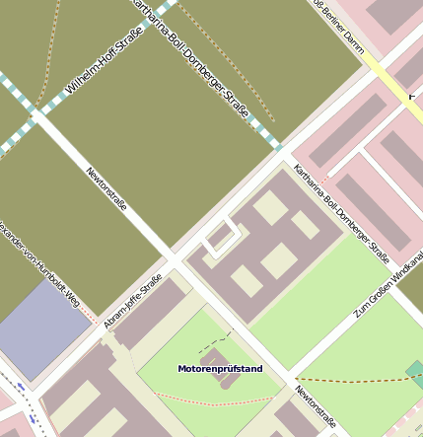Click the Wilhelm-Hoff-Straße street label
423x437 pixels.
pyautogui.click(x=104, y=60)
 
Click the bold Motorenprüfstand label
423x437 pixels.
pyautogui.click(x=220, y=369)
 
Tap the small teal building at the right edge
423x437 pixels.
pyautogui.click(x=415, y=373)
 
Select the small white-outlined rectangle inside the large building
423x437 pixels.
pyautogui.click(x=221, y=236)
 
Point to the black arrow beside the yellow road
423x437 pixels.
pyautogui.click(x=413, y=96)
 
